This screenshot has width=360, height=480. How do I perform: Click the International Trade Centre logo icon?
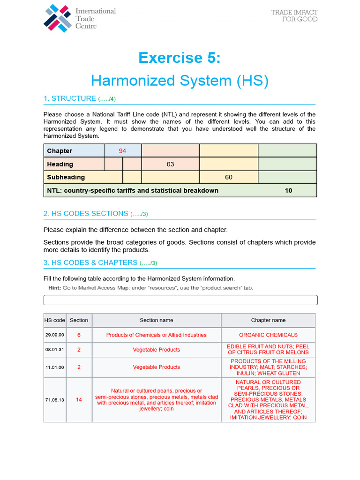pyautogui.click(x=58, y=18)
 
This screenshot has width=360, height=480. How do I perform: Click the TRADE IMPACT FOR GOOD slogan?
pyautogui.click(x=294, y=15)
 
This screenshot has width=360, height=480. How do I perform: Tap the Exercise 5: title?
pyautogui.click(x=180, y=58)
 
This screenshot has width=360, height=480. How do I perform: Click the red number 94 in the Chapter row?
pyautogui.click(x=122, y=150)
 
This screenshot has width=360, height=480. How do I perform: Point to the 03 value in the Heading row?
pyautogui.click(x=170, y=164)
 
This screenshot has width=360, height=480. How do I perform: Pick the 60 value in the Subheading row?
pyautogui.click(x=228, y=177)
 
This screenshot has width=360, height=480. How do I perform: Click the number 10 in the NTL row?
pyautogui.click(x=288, y=190)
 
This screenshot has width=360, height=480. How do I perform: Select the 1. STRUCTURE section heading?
pyautogui.click(x=69, y=98)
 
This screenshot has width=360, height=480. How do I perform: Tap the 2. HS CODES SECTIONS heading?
pyautogui.click(x=86, y=213)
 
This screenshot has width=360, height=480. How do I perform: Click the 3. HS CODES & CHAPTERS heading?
pyautogui.click(x=90, y=262)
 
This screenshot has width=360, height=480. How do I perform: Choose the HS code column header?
pyautogui.click(x=55, y=320)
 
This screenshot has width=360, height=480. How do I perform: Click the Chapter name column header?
pyautogui.click(x=268, y=320)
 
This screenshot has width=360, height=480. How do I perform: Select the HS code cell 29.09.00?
pyautogui.click(x=55, y=335)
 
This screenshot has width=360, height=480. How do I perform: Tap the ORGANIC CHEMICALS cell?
pyautogui.click(x=268, y=335)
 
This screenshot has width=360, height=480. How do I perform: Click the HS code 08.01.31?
pyautogui.click(x=55, y=350)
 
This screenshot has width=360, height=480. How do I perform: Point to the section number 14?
pyautogui.click(x=79, y=399)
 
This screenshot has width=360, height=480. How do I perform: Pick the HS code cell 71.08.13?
pyautogui.click(x=55, y=399)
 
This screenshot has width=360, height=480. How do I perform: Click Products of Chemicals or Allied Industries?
pyautogui.click(x=156, y=335)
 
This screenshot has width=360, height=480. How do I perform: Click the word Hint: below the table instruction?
pyautogui.click(x=55, y=287)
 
